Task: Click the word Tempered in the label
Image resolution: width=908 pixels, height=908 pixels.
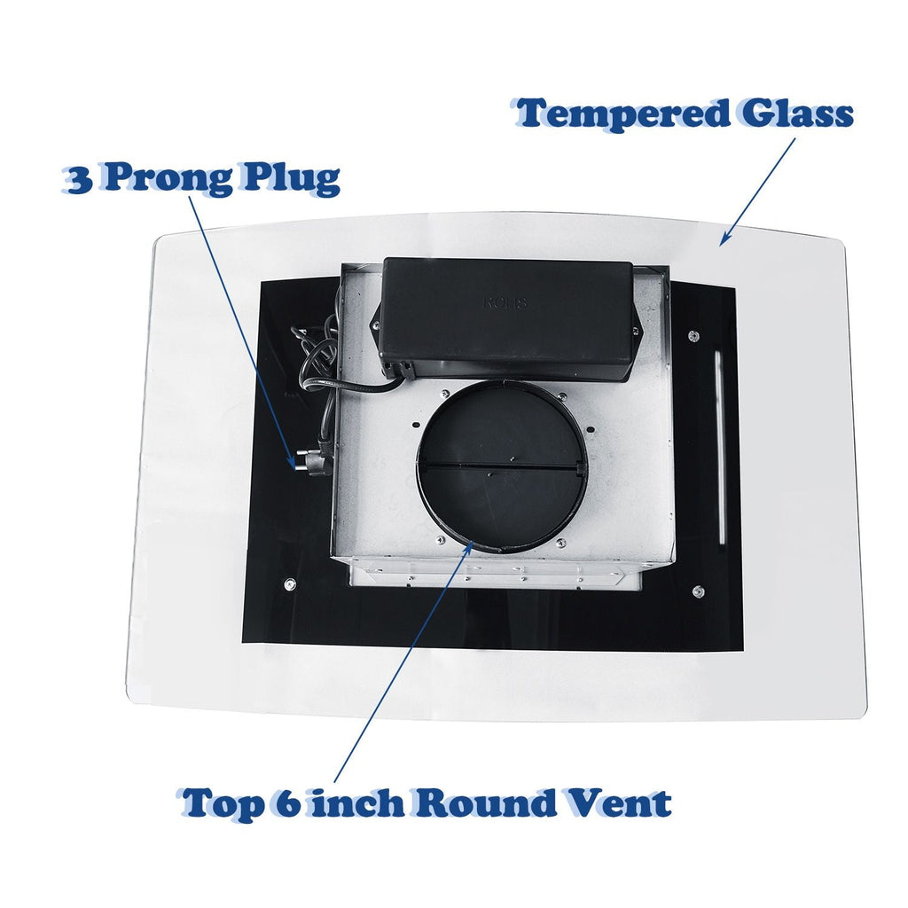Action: pyautogui.click(x=622, y=114)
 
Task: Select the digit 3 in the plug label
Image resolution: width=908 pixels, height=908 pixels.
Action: pyautogui.click(x=79, y=179)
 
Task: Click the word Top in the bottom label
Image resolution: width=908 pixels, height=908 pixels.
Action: pyautogui.click(x=221, y=803)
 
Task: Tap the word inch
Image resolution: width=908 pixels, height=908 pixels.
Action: pyautogui.click(x=356, y=802)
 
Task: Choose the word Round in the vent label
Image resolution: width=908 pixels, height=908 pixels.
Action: pyautogui.click(x=485, y=802)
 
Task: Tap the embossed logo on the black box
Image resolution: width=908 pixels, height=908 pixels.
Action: pyautogui.click(x=505, y=302)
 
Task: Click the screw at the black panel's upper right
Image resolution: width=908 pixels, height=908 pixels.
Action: pyautogui.click(x=693, y=336)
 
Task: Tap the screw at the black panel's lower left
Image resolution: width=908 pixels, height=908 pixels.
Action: pyautogui.click(x=290, y=584)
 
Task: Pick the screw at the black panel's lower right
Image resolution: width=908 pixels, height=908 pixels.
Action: pyautogui.click(x=699, y=591)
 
